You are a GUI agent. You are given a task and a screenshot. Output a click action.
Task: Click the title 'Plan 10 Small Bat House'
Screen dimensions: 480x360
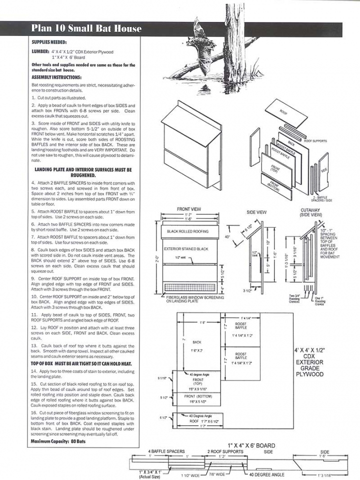[x=86, y=28]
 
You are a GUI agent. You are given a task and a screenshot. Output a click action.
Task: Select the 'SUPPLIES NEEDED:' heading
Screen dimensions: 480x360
[x=49, y=42]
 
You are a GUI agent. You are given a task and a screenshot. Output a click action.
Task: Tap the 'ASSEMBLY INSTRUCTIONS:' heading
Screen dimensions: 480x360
[x=56, y=77]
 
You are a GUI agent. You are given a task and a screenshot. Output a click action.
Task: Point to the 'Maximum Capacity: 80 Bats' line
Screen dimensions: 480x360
[x=58, y=441]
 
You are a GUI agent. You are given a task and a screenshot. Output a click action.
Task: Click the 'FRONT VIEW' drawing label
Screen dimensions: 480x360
[x=189, y=209]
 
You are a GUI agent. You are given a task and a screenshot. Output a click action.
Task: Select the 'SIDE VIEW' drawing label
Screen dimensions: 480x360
[x=256, y=212]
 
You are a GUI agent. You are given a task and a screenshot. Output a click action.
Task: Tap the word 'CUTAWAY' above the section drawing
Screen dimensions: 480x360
[x=310, y=210]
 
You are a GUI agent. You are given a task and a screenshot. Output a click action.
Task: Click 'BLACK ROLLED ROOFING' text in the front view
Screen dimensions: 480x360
[x=188, y=231]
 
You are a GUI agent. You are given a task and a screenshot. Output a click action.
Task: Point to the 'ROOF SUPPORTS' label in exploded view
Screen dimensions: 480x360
[x=315, y=141]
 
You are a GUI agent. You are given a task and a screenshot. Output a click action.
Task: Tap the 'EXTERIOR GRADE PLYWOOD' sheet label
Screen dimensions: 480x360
[x=309, y=368]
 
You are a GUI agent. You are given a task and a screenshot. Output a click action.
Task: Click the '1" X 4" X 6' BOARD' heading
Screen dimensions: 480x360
[x=251, y=445]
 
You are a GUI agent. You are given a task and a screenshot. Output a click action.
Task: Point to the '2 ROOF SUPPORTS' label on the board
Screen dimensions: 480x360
[x=225, y=451]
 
